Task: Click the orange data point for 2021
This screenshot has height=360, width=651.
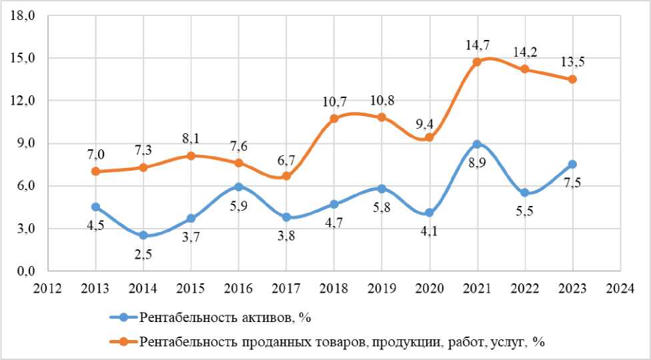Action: tap(477, 62)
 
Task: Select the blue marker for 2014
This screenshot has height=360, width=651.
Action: tap(143, 235)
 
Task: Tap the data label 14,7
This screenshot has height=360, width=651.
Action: tap(477, 45)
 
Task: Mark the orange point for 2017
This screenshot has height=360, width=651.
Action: tap(286, 176)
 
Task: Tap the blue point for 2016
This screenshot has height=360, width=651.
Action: tap(239, 187)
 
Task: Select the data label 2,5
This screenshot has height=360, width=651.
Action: tap(143, 255)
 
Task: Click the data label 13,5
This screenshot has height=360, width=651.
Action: tap(572, 63)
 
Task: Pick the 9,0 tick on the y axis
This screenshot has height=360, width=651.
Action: tap(25, 143)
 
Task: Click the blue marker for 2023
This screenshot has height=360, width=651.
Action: tap(572, 164)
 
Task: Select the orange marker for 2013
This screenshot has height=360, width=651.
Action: tap(95, 171)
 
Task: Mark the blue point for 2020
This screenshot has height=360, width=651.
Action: tap(429, 213)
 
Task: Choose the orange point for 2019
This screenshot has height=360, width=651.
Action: tap(382, 117)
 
